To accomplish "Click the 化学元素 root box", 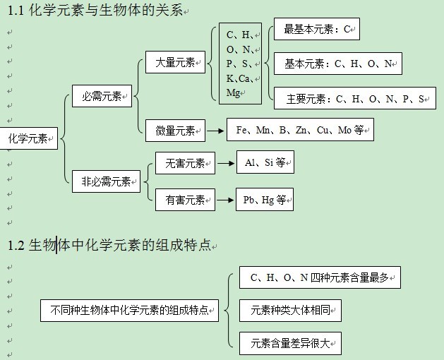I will [28, 138].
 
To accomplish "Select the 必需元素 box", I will [102, 96].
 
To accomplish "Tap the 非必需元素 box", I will [106, 181].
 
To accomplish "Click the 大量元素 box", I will [176, 62].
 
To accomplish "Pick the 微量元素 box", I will [176, 130].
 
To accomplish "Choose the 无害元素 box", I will [185, 163].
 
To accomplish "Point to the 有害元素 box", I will [185, 200].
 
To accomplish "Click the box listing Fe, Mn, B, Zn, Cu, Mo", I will [300, 130].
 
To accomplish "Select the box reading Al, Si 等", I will [265, 163].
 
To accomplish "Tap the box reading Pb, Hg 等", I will [265, 200].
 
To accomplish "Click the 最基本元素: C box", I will [317, 30].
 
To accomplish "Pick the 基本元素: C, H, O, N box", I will [338, 64].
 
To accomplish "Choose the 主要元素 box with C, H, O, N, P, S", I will [355, 99].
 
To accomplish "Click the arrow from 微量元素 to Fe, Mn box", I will [216, 130].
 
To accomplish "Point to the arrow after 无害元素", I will [225, 163].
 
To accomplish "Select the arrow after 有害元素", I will [225, 200].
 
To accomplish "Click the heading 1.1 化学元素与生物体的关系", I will [102, 11].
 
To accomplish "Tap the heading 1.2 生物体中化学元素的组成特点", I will [109, 246].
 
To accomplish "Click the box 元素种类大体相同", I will [290, 309].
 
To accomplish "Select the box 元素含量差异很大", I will [290, 343].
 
